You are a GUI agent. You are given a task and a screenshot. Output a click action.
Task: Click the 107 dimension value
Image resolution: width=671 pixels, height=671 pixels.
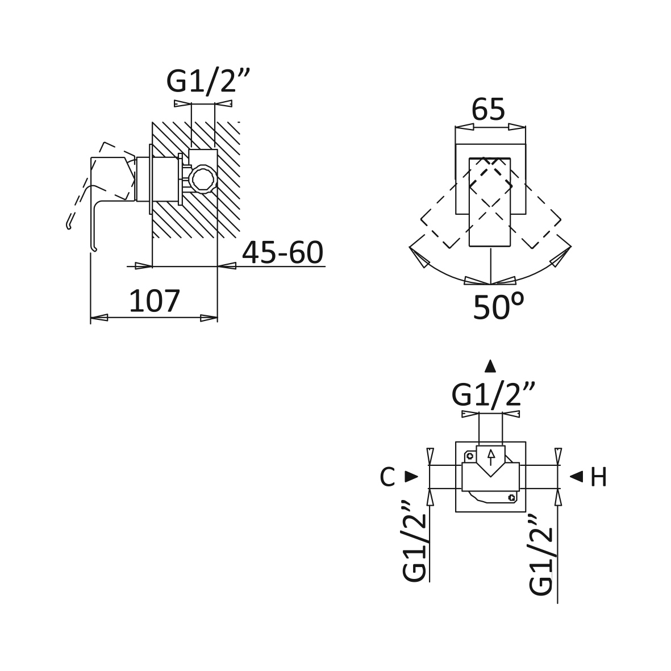[x=155, y=301]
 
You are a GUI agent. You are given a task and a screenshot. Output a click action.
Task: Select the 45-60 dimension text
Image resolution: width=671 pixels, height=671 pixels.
[x=282, y=252]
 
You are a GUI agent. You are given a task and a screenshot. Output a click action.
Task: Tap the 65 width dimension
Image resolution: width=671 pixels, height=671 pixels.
[x=488, y=109]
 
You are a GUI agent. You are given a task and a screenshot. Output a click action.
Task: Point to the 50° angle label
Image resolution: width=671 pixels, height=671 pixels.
[x=498, y=306]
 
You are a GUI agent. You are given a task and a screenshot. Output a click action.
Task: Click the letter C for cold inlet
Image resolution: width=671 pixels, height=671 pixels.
[x=387, y=477]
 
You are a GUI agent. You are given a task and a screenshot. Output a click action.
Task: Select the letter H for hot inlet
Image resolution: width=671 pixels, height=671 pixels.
[x=598, y=477]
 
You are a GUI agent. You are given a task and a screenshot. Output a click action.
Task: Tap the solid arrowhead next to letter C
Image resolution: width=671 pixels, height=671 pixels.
[x=412, y=477]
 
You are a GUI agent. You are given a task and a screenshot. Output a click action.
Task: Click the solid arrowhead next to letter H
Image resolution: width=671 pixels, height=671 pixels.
[x=577, y=476]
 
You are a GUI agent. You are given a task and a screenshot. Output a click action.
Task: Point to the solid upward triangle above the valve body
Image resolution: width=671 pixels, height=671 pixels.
[x=490, y=366]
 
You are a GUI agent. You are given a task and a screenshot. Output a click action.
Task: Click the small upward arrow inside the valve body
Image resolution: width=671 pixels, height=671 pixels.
[x=491, y=457]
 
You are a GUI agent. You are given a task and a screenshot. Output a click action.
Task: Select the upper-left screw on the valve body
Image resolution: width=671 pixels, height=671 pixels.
[x=470, y=456]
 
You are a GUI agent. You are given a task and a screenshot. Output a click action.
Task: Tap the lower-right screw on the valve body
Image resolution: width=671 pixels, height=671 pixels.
[x=511, y=497]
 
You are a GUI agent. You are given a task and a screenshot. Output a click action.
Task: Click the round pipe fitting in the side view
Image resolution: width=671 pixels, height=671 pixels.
[x=202, y=178]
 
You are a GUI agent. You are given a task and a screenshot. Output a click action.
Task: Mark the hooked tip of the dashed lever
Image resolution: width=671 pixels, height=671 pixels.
[x=69, y=226]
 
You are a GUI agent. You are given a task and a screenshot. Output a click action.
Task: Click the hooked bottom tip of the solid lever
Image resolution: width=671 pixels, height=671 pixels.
[x=94, y=248]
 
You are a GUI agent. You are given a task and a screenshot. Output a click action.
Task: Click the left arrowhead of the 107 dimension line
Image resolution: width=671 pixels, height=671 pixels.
[x=99, y=318]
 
